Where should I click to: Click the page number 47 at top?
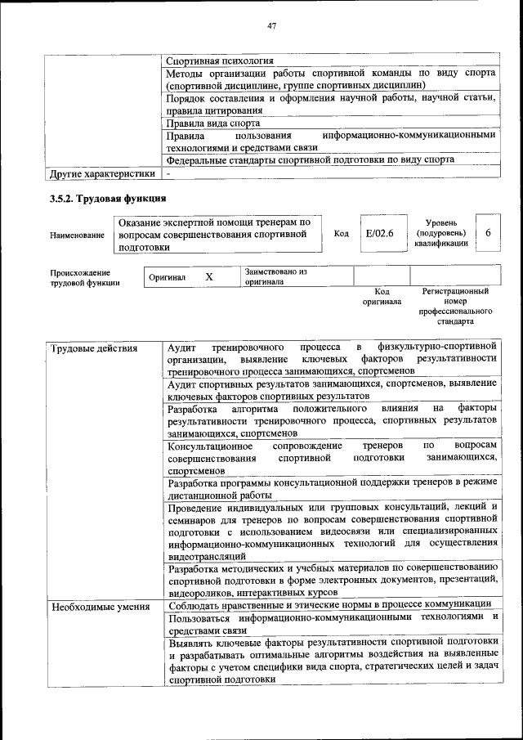click(273, 26)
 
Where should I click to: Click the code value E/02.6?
click(380, 234)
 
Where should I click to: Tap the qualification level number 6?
click(488, 234)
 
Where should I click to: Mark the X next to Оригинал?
click(209, 277)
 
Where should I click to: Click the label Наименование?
click(78, 235)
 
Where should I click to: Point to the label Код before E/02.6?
click(342, 235)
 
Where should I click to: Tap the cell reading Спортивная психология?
click(219, 61)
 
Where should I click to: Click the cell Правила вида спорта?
click(213, 123)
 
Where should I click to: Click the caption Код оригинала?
click(382, 297)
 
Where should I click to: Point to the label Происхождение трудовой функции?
click(80, 278)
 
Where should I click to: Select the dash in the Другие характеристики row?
click(168, 174)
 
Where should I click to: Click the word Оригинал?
click(167, 278)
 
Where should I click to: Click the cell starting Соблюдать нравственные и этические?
click(329, 604)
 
